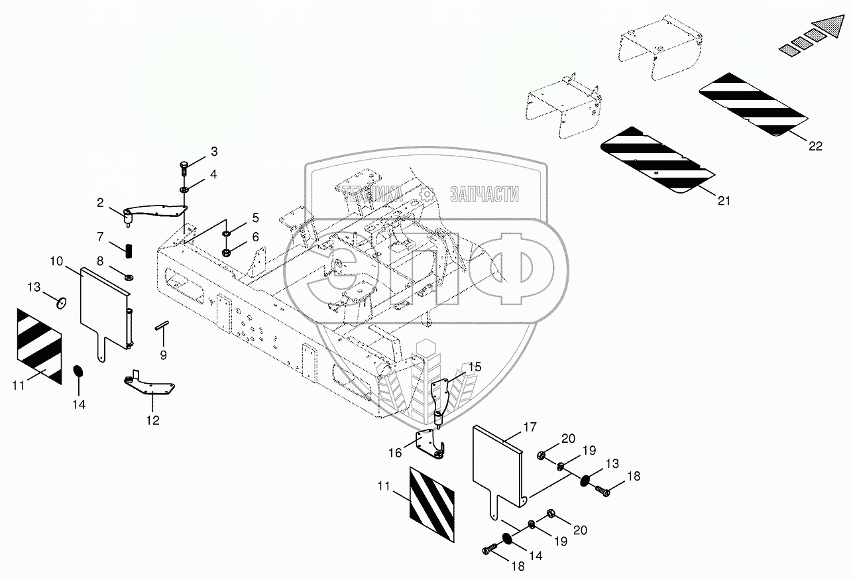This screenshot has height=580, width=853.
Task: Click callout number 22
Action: (815, 146)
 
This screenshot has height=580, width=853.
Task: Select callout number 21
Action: (724, 200)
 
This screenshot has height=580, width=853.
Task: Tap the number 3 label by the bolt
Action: (213, 152)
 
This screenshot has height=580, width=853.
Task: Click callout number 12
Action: (153, 420)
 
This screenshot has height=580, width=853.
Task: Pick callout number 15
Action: (475, 367)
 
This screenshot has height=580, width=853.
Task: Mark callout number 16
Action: (395, 453)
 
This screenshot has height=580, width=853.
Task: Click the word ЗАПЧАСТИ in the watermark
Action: (484, 194)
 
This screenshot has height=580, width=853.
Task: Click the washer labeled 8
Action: (128, 275)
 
